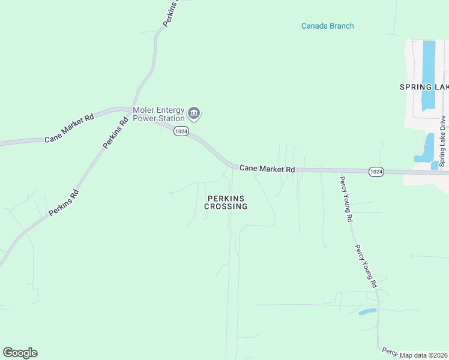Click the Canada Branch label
(x=327, y=26)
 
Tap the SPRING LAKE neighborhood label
(x=424, y=87)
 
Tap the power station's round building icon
(x=194, y=113)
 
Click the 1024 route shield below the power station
(x=181, y=131)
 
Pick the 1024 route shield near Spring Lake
(x=376, y=172)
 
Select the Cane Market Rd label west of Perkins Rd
(x=70, y=128)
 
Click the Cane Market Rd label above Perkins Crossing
(x=267, y=169)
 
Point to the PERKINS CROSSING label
(x=226, y=202)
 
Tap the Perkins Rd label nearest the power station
(x=116, y=132)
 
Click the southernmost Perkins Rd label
(x=64, y=203)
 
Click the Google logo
(x=20, y=353)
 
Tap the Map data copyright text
(x=424, y=355)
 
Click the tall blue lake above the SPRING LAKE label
(x=429, y=75)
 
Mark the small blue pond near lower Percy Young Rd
(x=367, y=311)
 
